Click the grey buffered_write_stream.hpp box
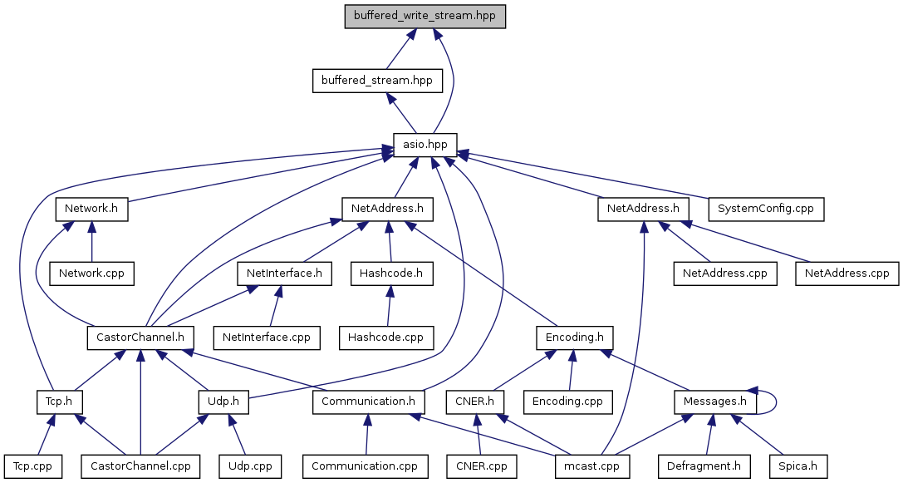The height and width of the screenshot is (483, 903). [425, 17]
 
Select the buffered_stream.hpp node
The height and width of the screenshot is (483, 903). [376, 81]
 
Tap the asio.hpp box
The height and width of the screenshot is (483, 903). [425, 145]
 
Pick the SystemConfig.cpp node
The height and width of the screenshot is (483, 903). [765, 209]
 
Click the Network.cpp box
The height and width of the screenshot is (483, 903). [91, 273]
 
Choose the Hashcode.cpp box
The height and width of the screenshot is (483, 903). [386, 338]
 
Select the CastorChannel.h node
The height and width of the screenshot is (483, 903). [140, 338]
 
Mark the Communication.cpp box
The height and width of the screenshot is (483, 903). [365, 466]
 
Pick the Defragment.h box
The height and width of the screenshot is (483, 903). [703, 466]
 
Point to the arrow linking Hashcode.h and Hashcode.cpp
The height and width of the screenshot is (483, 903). [388, 305]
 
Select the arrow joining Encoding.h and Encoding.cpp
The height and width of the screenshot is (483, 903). [571, 370]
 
